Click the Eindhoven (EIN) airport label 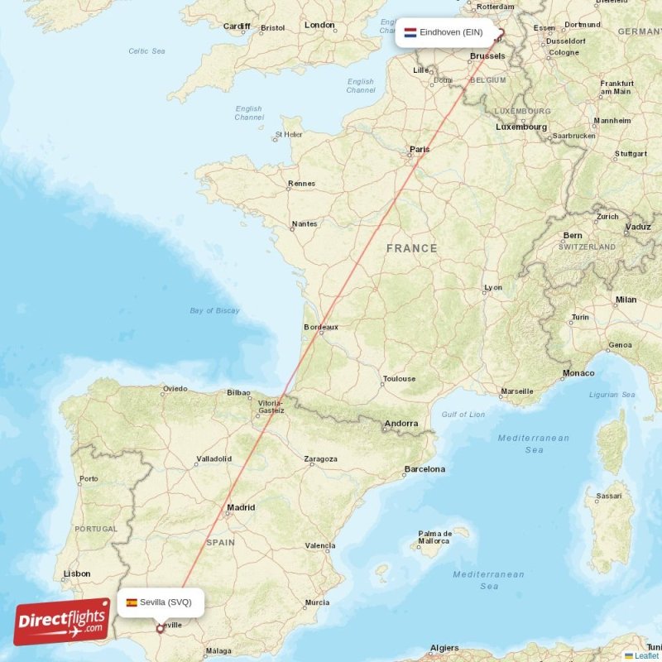pyautogui.click(x=450, y=32)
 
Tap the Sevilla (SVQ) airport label pyautogui.click(x=165, y=602)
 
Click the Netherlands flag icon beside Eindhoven pyautogui.click(x=410, y=32)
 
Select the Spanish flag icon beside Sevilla pyautogui.click(x=132, y=602)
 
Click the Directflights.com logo pyautogui.click(x=62, y=621)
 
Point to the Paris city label pyautogui.click(x=420, y=150)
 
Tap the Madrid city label pyautogui.click(x=241, y=507)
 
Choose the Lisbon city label pyautogui.click(x=77, y=573)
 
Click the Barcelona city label pyautogui.click(x=425, y=469)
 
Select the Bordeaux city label pyautogui.click(x=321, y=327)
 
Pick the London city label pyautogui.click(x=319, y=25)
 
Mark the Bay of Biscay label pyautogui.click(x=214, y=310)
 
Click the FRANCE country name pyautogui.click(x=412, y=248)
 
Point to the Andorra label pyautogui.click(x=401, y=425)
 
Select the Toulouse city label pyautogui.click(x=399, y=379)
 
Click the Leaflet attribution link pyautogui.click(x=646, y=655)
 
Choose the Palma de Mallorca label pyautogui.click(x=434, y=537)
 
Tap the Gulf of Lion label pyautogui.click(x=463, y=415)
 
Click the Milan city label pyautogui.click(x=626, y=300)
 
